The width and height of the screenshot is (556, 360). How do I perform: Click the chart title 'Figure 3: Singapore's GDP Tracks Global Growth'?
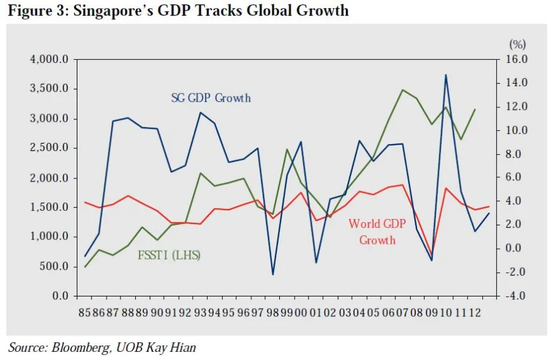[x=178, y=11]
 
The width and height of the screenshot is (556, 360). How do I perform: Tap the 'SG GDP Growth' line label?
[x=211, y=98]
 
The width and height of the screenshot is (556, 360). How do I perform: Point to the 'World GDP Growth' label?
[x=378, y=232]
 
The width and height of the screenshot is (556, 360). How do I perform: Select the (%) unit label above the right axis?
[x=517, y=44]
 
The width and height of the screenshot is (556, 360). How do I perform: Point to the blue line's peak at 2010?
[x=446, y=75]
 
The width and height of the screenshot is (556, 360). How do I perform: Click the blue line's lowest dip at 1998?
[x=273, y=274]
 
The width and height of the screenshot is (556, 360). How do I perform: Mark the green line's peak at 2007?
[x=402, y=90]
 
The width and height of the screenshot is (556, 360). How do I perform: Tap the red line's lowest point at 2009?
[x=432, y=255]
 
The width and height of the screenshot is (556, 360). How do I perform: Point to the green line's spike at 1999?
[x=287, y=149]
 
